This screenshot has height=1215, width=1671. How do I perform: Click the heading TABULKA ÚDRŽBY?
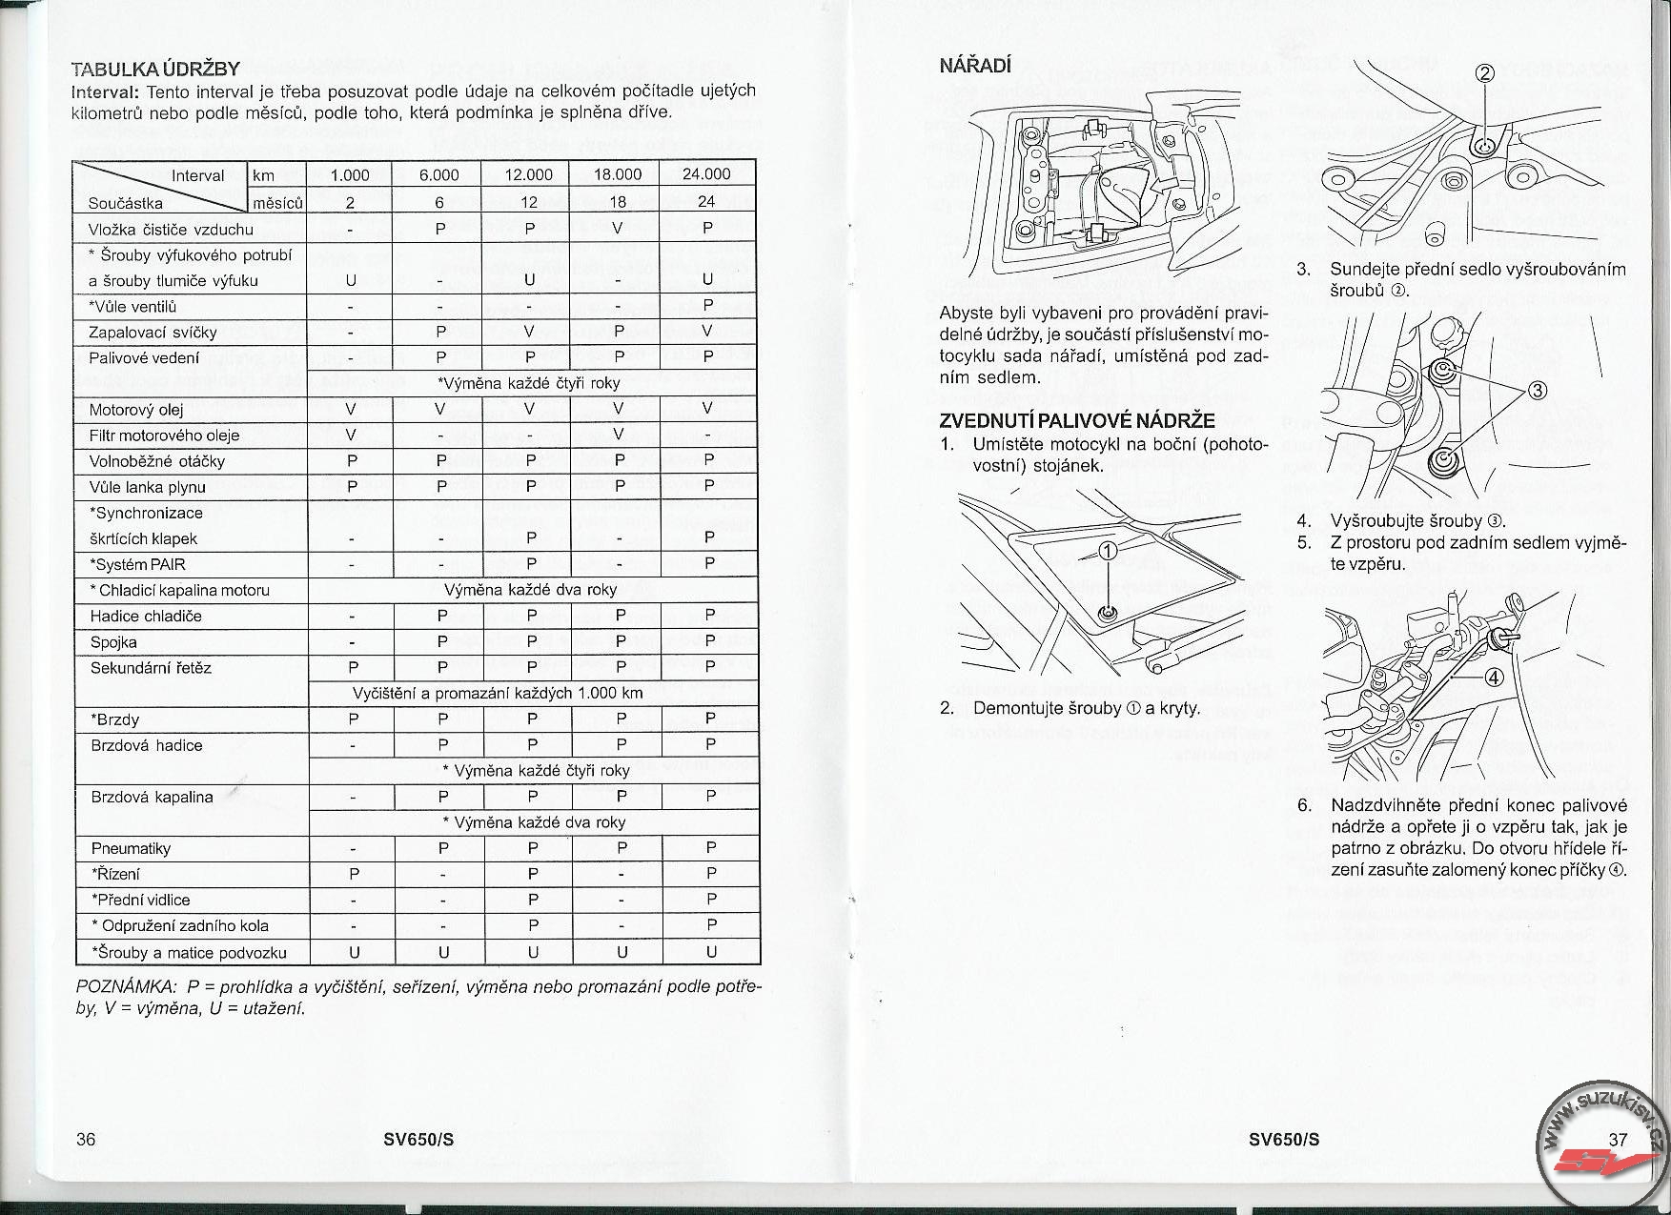155,69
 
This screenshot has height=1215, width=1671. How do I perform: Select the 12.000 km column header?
528,174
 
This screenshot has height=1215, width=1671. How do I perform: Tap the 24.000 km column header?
706,174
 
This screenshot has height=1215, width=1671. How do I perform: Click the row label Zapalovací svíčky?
153,333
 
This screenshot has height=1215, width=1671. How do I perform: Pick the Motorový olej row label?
136,410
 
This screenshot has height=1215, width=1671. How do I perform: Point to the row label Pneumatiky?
131,848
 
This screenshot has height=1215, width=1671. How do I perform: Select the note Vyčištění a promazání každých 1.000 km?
498,693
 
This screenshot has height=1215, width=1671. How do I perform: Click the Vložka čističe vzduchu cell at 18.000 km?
618,229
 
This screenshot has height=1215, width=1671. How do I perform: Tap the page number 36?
86,1140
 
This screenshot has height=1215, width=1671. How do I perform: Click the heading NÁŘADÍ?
975,66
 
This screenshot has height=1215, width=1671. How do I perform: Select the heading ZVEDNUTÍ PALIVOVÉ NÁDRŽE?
1077,420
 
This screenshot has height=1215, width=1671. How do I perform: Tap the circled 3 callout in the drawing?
1538,390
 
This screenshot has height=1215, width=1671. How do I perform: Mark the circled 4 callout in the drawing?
1494,678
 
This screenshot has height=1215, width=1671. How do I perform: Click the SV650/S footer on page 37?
1284,1140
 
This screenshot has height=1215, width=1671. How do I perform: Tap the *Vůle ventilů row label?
132,307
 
